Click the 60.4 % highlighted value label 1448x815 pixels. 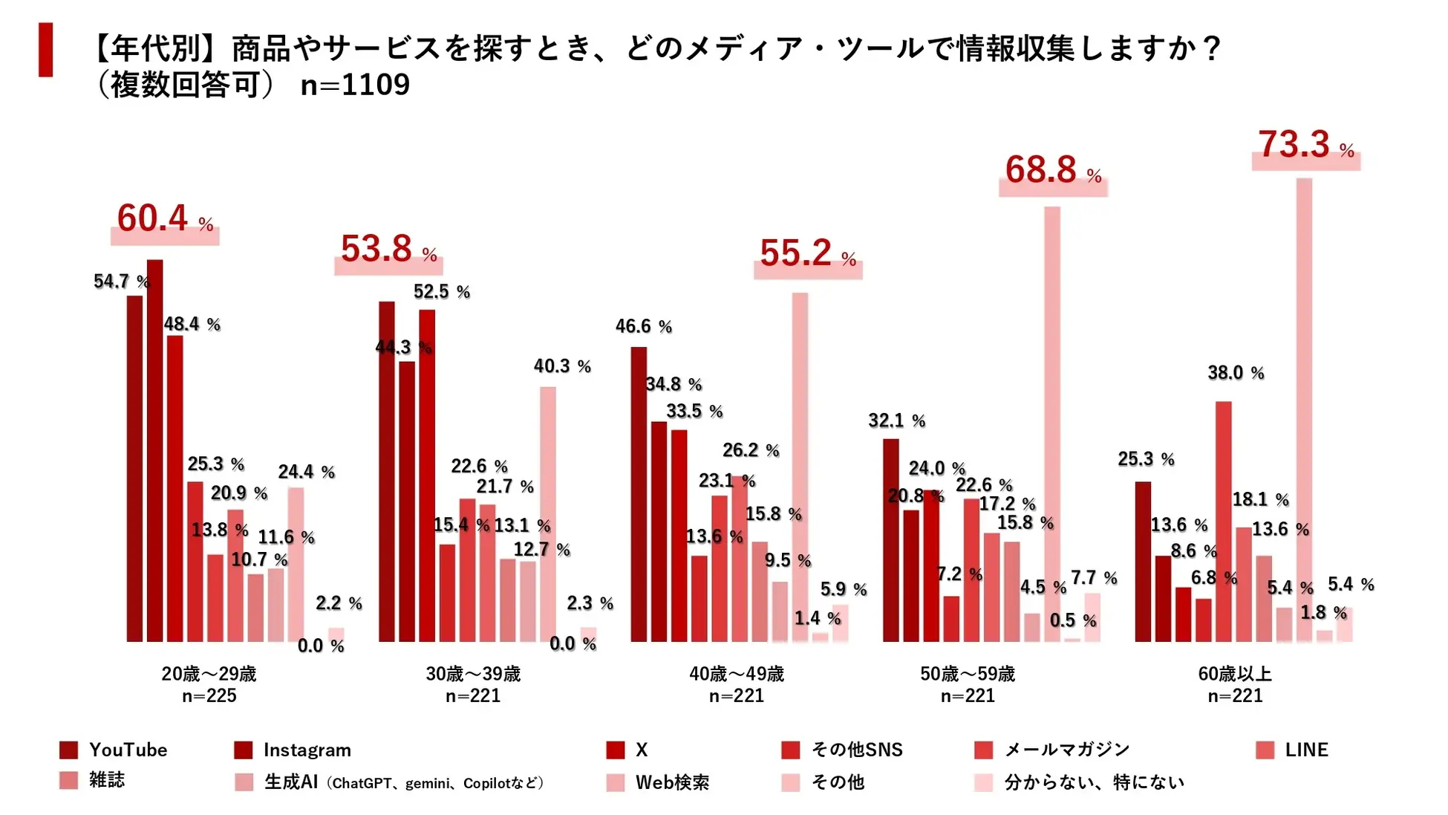pyautogui.click(x=165, y=220)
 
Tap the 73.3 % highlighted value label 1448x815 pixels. pyautogui.click(x=1305, y=146)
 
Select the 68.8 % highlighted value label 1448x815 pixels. pyautogui.click(x=1053, y=171)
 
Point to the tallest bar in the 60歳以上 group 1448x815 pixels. pyautogui.click(x=1304, y=409)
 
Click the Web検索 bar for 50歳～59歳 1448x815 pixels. pyautogui.click(x=1052, y=423)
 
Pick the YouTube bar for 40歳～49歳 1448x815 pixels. pyautogui.click(x=639, y=494)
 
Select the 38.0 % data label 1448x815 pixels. pyautogui.click(x=1236, y=373)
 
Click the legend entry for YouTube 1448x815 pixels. pyautogui.click(x=114, y=750)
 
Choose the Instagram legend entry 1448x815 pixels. pyautogui.click(x=293, y=750)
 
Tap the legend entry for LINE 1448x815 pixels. pyautogui.click(x=1292, y=750)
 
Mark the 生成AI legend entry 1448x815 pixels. pyautogui.click(x=390, y=782)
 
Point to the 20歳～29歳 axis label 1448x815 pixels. pyautogui.click(x=209, y=675)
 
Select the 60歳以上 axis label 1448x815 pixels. pyautogui.click(x=1235, y=675)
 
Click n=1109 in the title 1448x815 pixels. pyautogui.click(x=355, y=85)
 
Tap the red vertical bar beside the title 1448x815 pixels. pyautogui.click(x=46, y=50)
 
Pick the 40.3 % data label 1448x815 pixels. pyautogui.click(x=562, y=366)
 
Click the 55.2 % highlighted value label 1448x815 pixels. pyautogui.click(x=808, y=254)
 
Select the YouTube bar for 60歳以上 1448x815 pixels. pyautogui.click(x=1143, y=562)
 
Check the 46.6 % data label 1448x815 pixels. pyautogui.click(x=643, y=327)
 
